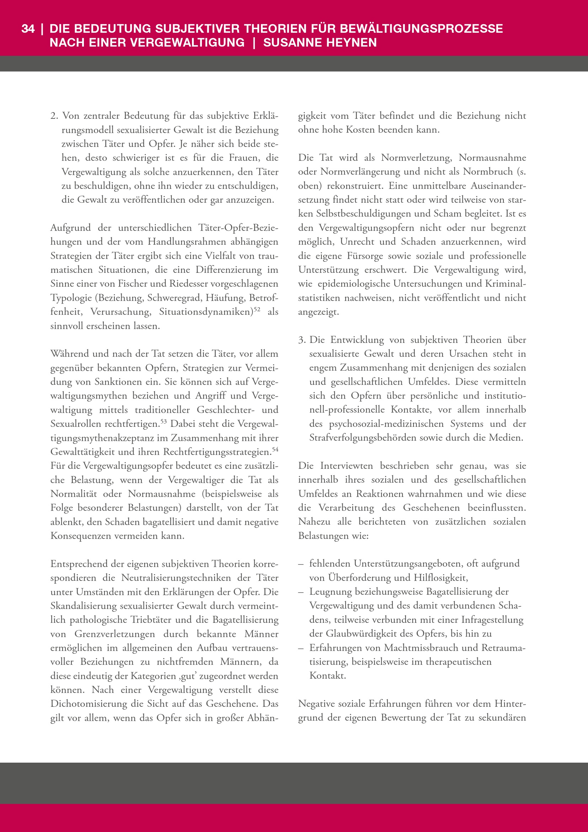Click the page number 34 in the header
click(x=28, y=29)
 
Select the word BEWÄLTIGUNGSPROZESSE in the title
click(x=422, y=29)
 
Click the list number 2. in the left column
click(x=54, y=116)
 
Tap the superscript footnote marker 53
click(x=163, y=421)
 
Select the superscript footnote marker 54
click(x=275, y=449)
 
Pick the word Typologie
click(x=71, y=298)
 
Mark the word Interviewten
click(x=347, y=466)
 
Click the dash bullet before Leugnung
click(x=301, y=592)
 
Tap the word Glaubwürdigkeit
click(x=369, y=634)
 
